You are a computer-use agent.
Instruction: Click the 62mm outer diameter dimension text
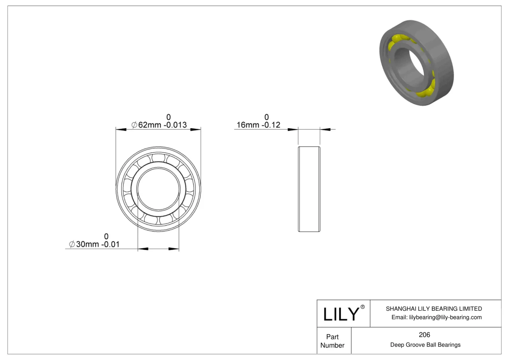coord(159,125)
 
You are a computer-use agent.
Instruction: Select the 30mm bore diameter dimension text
coord(94,244)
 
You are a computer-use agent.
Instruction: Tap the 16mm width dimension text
coord(258,125)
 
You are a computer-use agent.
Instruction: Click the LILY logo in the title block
coord(341,314)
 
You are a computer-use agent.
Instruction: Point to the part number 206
coord(424,335)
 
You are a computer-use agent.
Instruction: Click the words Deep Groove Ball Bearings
coord(425,345)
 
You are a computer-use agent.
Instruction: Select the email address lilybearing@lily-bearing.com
coord(436,317)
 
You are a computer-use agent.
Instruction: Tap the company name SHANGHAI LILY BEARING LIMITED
coord(434,308)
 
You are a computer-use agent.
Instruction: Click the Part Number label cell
coord(332,341)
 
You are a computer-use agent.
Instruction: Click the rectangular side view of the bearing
coord(309,189)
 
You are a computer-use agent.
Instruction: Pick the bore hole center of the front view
coord(158,189)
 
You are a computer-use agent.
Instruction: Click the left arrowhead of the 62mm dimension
coord(121,129)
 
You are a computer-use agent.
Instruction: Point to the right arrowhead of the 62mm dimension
coord(196,129)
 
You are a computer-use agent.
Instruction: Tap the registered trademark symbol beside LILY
coord(362,307)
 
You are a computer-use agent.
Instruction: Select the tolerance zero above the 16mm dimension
coord(267,117)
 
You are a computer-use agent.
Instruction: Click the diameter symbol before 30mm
coord(72,244)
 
